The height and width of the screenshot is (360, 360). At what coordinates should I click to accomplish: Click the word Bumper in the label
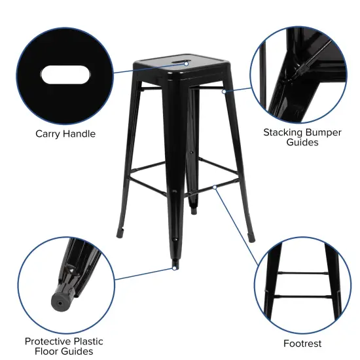point(324,132)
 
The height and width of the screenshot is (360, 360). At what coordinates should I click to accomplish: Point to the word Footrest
point(302,343)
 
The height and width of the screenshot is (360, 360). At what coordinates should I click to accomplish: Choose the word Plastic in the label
point(88,341)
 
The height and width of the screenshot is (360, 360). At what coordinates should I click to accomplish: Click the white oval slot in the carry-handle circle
point(66,74)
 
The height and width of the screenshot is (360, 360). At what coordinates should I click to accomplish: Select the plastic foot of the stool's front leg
point(174,264)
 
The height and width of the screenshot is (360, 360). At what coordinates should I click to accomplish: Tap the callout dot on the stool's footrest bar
point(215,188)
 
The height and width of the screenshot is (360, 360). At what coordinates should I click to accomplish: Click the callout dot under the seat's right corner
point(224,92)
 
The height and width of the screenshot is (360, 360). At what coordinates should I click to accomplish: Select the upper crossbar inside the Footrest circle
point(302,272)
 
